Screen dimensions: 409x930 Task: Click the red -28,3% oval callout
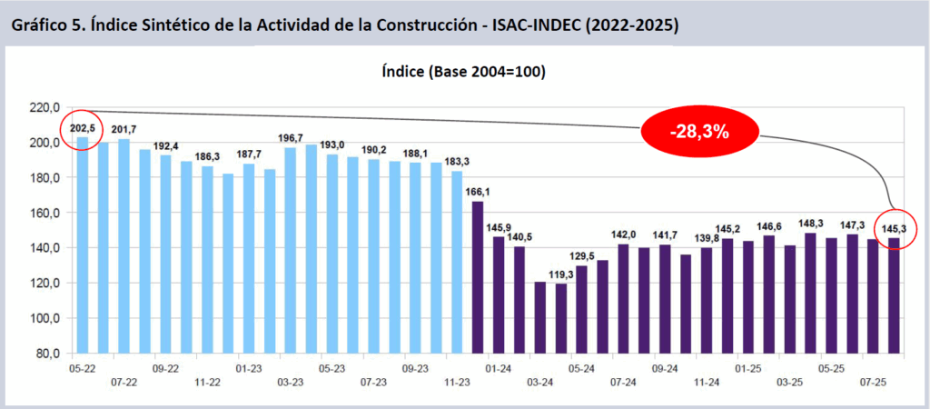click(x=699, y=131)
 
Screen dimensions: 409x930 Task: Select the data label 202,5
click(x=83, y=129)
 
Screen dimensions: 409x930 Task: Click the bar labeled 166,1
click(x=478, y=277)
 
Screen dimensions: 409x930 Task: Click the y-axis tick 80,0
click(x=45, y=354)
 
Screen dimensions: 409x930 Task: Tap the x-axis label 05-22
click(x=83, y=369)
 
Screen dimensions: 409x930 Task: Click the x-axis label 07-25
click(x=872, y=384)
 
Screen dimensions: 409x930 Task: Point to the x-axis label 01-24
click(x=498, y=369)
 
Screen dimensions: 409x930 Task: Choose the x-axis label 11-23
click(x=456, y=384)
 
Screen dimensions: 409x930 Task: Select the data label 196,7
click(x=291, y=137)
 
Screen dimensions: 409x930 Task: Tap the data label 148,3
click(x=810, y=223)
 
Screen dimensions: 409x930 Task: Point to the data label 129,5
click(x=581, y=255)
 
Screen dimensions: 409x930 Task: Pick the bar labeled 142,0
click(x=623, y=298)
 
